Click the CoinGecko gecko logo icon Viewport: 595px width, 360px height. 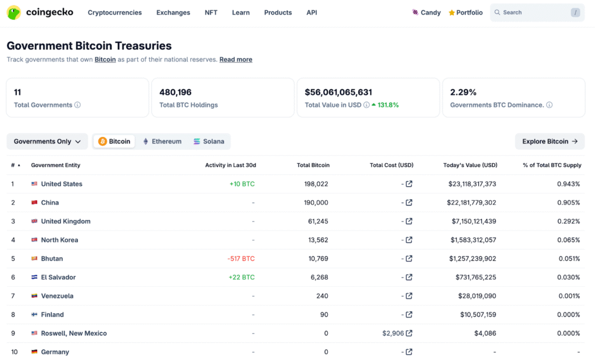tap(14, 12)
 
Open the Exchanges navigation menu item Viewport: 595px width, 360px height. tap(173, 12)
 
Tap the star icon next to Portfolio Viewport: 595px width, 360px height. tap(451, 13)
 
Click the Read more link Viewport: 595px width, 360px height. tap(235, 59)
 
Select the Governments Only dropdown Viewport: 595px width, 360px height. tap(47, 141)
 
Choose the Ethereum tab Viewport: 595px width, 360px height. tap(162, 141)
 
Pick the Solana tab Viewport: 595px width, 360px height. tap(209, 141)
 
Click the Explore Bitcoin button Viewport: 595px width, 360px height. tap(549, 141)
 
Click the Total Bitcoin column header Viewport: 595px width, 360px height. tap(313, 165)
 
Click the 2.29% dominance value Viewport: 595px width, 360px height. tap(463, 92)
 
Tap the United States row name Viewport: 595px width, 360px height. tap(62, 184)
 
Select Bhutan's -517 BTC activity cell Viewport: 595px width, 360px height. tap(241, 258)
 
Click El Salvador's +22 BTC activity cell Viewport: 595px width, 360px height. tap(242, 277)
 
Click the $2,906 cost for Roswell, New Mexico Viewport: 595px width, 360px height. tap(392, 333)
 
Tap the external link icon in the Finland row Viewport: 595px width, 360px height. tap(409, 315)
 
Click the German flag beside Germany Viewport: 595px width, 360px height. tap(34, 352)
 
